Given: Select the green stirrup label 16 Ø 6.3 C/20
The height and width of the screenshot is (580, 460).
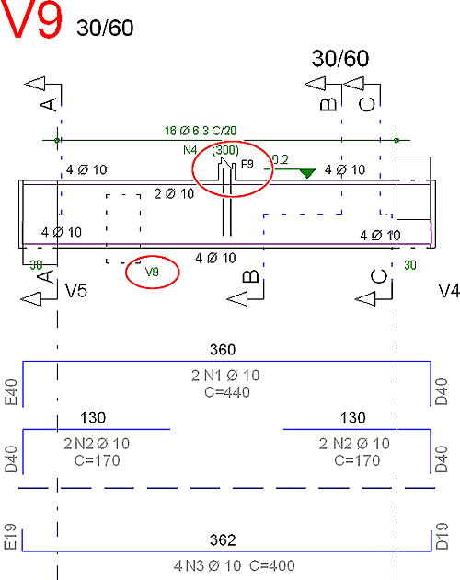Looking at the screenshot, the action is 201,131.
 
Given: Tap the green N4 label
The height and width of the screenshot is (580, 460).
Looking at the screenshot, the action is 190,150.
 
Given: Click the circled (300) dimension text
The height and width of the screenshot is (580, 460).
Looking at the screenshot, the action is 225,150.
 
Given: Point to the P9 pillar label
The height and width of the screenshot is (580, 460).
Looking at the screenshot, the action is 247,164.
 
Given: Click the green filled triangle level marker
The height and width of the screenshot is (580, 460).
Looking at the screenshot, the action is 307,173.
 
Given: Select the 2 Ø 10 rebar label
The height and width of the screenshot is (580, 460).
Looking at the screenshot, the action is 174,194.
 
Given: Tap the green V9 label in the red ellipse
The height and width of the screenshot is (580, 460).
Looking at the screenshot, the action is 152,272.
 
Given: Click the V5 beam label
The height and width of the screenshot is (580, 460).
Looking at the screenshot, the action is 76,291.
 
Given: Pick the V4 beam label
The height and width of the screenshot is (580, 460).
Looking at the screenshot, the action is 449,291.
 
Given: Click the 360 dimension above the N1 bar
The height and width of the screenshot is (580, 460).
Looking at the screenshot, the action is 223,350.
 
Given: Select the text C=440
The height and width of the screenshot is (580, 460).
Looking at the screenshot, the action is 227,392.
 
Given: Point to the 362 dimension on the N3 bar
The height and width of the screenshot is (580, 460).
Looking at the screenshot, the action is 223,540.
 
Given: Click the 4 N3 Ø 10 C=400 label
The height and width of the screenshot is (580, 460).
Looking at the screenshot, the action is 235,565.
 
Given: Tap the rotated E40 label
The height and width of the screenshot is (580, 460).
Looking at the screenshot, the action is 11,392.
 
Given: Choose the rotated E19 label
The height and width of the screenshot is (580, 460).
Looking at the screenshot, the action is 10,537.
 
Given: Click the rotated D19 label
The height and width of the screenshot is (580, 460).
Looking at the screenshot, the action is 442,536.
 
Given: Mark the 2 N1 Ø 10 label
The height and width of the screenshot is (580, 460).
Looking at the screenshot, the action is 225,376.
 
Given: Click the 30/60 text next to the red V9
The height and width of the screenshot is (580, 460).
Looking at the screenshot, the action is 105,29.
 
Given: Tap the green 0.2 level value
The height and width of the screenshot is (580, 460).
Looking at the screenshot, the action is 280,160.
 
